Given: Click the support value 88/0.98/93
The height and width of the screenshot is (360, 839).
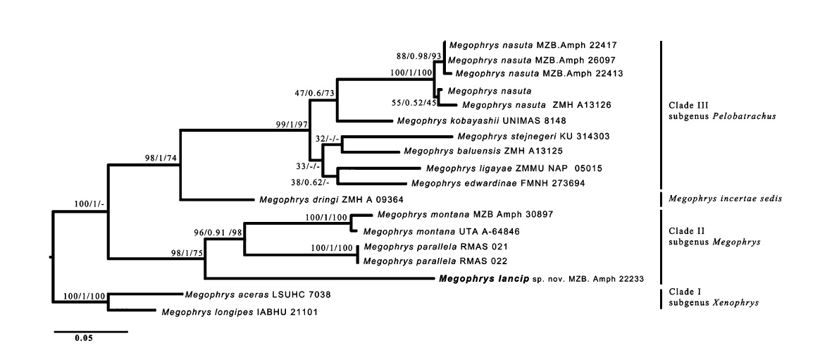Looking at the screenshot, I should (x=419, y=56).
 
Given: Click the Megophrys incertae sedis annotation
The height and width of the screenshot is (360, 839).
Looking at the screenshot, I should (x=725, y=198).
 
